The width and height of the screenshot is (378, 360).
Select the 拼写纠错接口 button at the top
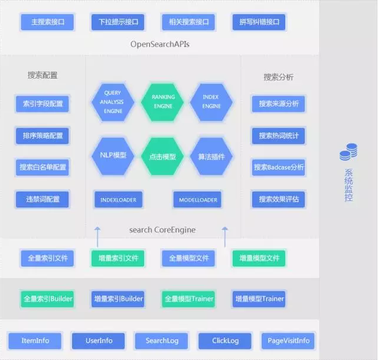pyautogui.click(x=259, y=23)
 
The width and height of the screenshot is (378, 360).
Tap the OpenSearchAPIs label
pyautogui.click(x=160, y=44)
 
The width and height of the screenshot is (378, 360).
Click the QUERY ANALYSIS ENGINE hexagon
pyautogui.click(x=112, y=102)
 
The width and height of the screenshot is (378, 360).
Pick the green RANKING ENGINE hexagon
pyautogui.click(x=162, y=102)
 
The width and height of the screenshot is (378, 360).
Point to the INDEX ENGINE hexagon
pyautogui.click(x=211, y=102)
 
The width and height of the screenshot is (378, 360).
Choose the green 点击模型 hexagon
pyautogui.click(x=162, y=156)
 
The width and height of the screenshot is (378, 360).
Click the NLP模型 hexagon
pyautogui.click(x=112, y=155)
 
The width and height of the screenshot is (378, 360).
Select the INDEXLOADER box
pyautogui.click(x=118, y=200)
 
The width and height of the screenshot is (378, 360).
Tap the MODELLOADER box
pyautogui.click(x=197, y=200)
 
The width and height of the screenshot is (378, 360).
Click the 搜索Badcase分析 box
pyautogui.click(x=279, y=167)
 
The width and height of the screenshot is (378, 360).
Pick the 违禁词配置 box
pyautogui.click(x=43, y=199)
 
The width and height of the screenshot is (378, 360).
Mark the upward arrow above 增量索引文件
pyautogui.click(x=97, y=235)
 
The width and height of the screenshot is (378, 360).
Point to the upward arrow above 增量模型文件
pyautogui.click(x=224, y=235)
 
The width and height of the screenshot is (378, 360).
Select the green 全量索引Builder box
pyautogui.click(x=47, y=299)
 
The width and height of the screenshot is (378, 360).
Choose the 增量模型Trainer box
pyautogui.click(x=259, y=299)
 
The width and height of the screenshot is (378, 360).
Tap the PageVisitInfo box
pyautogui.click(x=288, y=341)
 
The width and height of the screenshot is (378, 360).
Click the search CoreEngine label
pyautogui.click(x=162, y=229)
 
